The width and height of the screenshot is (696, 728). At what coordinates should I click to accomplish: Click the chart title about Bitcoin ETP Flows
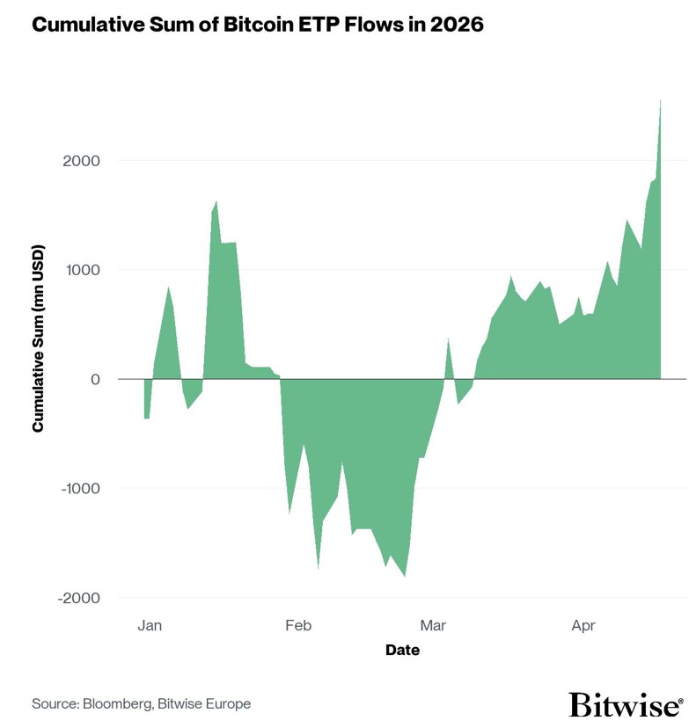point(257,25)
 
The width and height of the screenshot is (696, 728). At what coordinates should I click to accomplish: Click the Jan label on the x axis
point(150,625)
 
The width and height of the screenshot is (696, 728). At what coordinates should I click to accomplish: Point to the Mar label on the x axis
point(433,625)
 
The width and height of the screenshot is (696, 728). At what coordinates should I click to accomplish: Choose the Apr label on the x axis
point(582,625)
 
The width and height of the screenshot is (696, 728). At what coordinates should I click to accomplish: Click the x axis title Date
point(402,651)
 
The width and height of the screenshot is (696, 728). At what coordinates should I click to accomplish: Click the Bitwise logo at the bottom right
point(625,705)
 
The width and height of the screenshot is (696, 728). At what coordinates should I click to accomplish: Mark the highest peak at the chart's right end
point(660,101)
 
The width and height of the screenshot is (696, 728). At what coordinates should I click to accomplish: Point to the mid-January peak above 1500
point(216,202)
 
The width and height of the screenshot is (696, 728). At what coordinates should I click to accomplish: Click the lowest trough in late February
point(404,575)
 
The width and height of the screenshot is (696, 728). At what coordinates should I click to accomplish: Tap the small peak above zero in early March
point(448,339)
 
